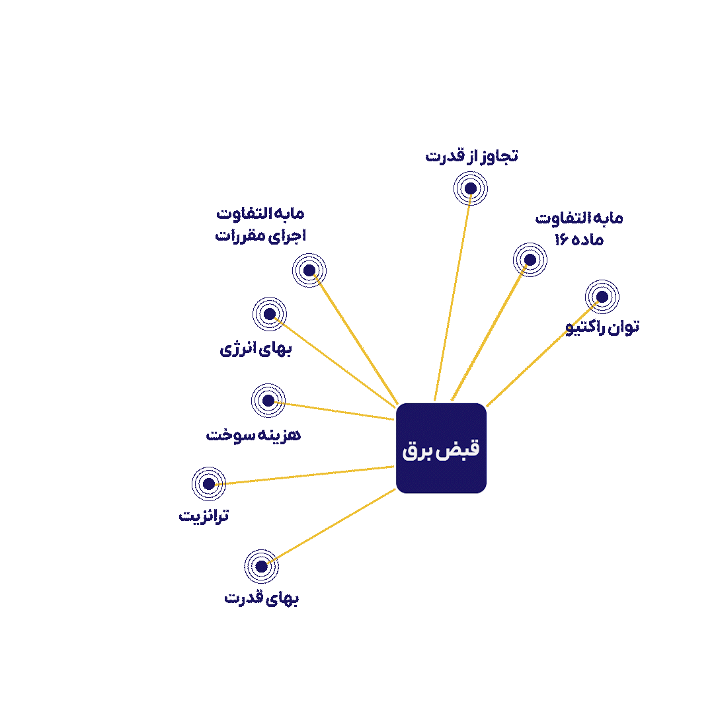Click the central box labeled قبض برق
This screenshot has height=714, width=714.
coord(441,448)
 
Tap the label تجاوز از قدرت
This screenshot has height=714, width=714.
coord(472,156)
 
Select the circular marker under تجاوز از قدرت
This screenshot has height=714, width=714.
coord(471,188)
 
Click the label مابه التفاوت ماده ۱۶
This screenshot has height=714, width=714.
coord(578,229)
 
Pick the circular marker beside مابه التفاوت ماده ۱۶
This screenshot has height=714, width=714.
coord(530,260)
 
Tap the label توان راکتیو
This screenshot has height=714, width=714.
coord(602,327)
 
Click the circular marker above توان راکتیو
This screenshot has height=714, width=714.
coord(602,297)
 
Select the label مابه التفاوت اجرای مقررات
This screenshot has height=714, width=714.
coord(260,225)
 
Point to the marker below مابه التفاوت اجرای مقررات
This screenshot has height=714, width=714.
coord(309,270)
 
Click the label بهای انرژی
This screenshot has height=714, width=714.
coord(255,349)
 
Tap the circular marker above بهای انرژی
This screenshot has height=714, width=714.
coord(270,314)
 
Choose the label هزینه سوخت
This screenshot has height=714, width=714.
coord(253,435)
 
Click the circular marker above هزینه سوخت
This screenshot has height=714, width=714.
coord(268,401)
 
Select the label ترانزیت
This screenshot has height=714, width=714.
coord(204,516)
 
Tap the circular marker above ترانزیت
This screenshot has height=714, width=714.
coord(208,484)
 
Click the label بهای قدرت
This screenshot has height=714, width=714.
coord(261,598)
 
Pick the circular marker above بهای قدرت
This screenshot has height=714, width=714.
coord(261,567)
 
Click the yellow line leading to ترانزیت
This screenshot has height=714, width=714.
coord(303,475)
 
